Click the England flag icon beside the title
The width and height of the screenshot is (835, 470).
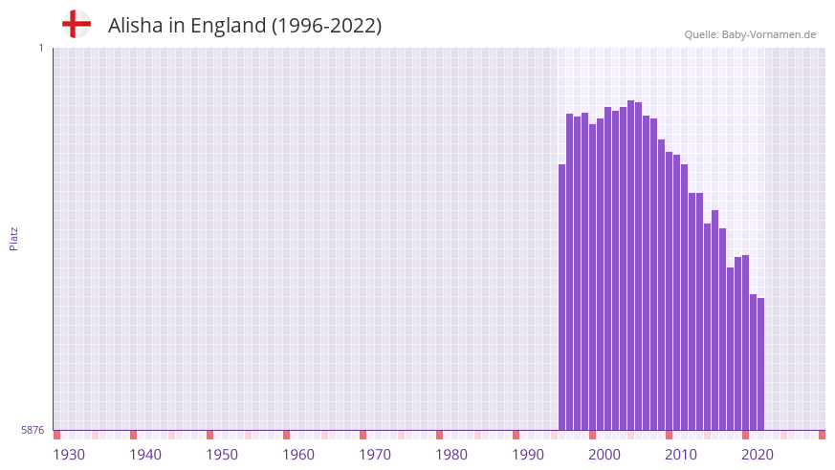[77, 24]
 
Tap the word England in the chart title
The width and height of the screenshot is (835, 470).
[229, 26]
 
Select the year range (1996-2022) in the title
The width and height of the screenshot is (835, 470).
[326, 26]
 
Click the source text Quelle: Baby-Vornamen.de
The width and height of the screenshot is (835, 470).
[750, 34]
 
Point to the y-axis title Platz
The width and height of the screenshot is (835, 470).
[13, 239]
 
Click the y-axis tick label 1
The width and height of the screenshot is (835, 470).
[40, 48]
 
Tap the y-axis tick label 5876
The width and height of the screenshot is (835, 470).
[33, 430]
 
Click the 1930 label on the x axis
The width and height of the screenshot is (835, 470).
[69, 455]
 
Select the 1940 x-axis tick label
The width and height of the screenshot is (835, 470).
[145, 455]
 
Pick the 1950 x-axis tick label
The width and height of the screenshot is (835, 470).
[222, 455]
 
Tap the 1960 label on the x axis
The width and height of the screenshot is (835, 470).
[298, 455]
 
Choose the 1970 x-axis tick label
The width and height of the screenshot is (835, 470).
[375, 455]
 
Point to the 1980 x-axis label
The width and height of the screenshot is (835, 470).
[451, 455]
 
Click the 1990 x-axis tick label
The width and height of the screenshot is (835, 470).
[528, 455]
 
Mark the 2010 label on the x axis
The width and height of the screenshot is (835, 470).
[681, 455]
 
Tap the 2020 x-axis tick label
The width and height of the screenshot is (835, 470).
[758, 455]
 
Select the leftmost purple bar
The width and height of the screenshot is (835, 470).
[562, 296]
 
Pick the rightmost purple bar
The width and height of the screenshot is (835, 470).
[760, 363]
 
